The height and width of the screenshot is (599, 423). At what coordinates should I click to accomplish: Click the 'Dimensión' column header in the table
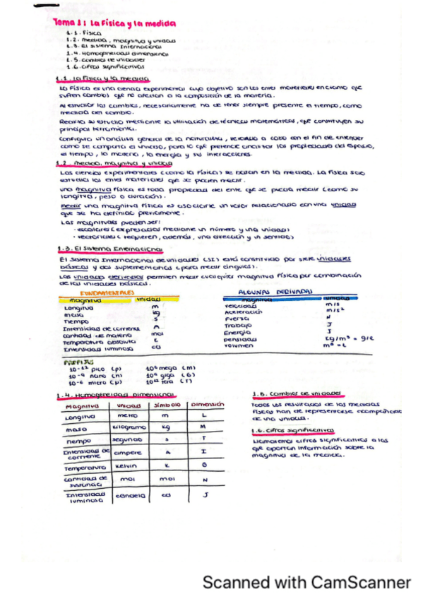(207, 405)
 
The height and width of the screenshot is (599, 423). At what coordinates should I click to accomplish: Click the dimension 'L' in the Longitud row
(203, 416)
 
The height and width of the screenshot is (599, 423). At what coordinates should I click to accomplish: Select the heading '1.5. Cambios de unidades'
(296, 393)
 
